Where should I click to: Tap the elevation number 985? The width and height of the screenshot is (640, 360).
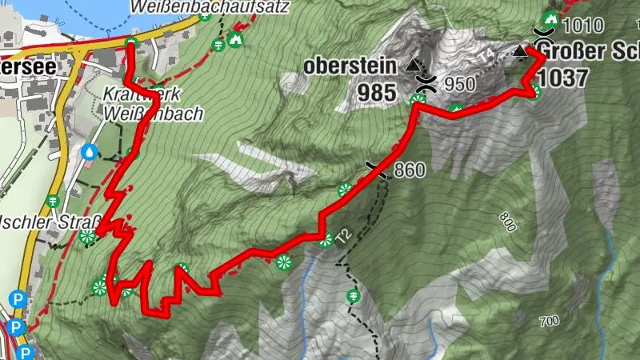377,92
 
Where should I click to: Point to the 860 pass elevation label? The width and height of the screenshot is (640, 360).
409,170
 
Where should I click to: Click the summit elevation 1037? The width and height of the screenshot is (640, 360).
563,78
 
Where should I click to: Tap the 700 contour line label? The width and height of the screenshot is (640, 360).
549,322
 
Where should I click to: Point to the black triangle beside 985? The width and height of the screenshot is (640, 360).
413,64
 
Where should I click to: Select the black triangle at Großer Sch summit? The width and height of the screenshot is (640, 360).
521,52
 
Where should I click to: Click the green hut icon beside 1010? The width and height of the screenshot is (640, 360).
550,18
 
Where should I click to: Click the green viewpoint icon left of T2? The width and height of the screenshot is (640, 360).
325,238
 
